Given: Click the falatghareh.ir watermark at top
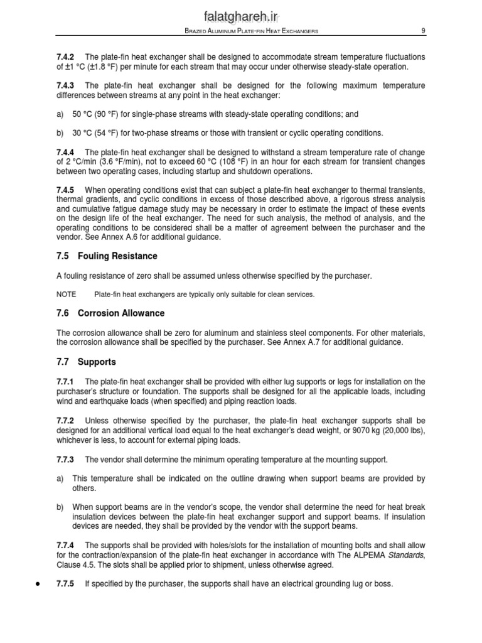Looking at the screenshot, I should click(x=241, y=13).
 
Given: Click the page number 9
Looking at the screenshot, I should click(x=423, y=31).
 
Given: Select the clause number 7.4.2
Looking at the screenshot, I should click(x=65, y=57).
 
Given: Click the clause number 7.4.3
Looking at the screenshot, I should click(x=65, y=85).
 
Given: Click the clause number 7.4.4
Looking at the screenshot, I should click(x=65, y=153).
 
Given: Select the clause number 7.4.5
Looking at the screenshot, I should click(x=65, y=190).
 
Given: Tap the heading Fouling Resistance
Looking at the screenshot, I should click(x=117, y=256).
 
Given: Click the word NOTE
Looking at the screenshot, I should click(x=67, y=294).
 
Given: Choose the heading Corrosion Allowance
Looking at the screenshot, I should click(x=121, y=313).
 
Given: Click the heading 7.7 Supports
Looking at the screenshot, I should click(x=87, y=362).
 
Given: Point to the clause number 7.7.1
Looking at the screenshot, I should click(x=65, y=382).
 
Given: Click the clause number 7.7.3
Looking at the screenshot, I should click(x=65, y=459).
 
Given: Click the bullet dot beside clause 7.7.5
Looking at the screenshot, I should click(x=39, y=584).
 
